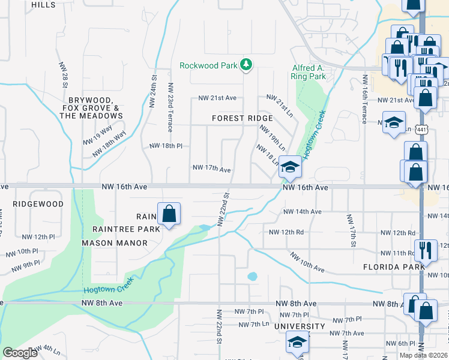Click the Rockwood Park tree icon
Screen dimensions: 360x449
245,64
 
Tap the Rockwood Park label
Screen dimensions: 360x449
209,65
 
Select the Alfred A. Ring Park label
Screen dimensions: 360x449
309,72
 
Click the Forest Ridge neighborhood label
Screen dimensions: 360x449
243,118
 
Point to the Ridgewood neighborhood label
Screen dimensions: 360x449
38,204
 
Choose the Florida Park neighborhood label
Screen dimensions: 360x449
390,265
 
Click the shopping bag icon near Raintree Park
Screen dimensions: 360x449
169,214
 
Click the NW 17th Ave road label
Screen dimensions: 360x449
211,169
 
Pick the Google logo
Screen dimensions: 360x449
20,352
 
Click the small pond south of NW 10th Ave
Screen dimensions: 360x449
252,277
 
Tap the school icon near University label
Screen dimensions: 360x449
297,343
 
